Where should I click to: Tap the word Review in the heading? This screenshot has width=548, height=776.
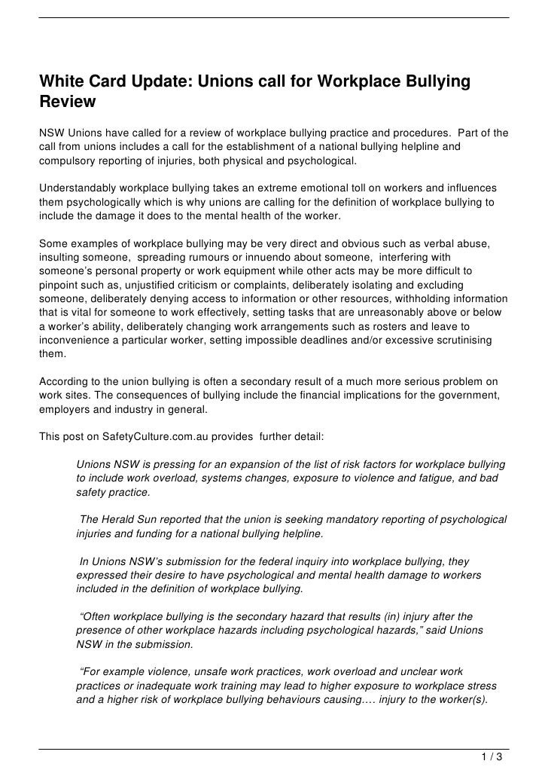[68, 100]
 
